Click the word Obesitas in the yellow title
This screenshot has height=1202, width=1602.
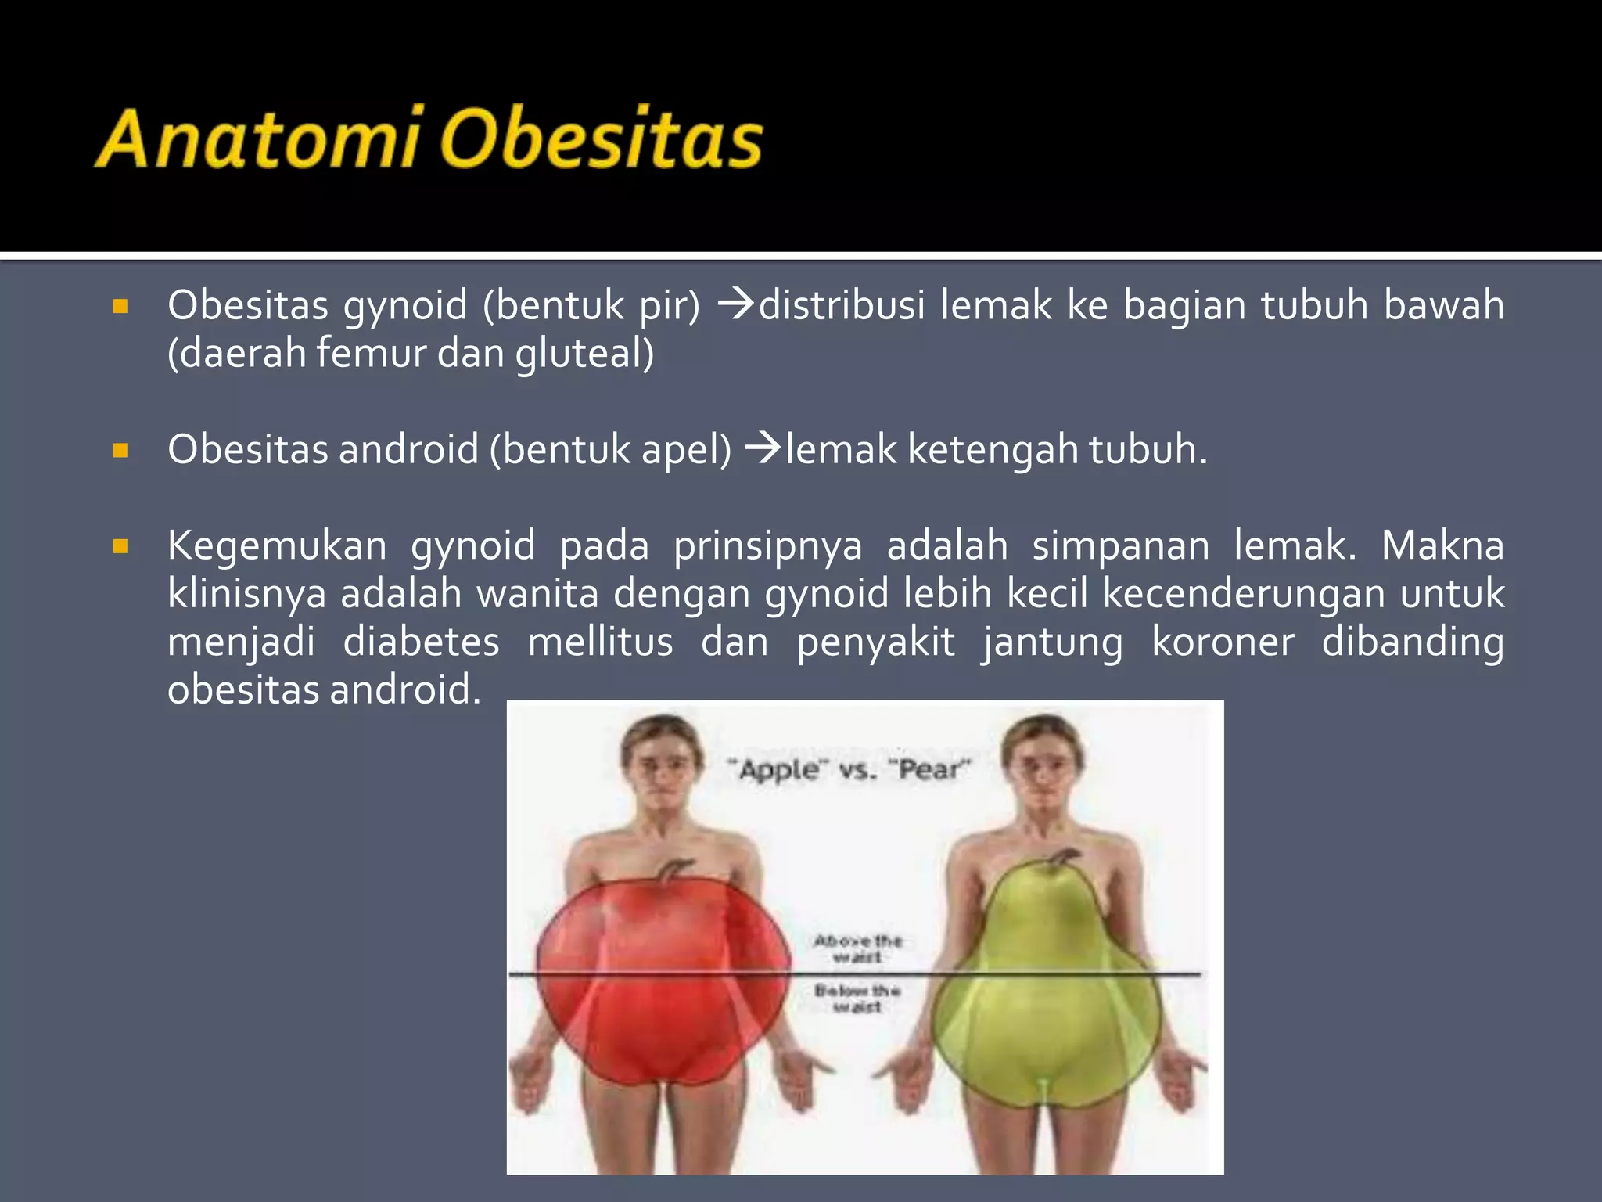coord(601,139)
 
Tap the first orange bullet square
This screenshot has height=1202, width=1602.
coord(120,306)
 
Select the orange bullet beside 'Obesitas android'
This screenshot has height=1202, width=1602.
coord(120,451)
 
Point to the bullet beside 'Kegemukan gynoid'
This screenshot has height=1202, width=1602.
coord(120,546)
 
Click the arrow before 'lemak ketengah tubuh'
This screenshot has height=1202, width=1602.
coord(763,448)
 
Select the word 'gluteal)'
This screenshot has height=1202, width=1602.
coord(584,353)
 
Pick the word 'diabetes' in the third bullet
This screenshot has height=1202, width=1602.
coord(421,642)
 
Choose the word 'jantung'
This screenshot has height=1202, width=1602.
coord(1053,642)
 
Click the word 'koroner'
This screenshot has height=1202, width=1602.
coord(1223,642)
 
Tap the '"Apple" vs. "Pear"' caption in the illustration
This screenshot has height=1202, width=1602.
coord(849,769)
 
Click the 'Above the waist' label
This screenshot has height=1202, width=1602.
coord(857,948)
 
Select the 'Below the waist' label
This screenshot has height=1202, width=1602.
coord(857,999)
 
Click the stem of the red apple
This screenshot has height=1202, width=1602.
coord(674,869)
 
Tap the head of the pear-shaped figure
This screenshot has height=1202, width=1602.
coord(1043,763)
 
